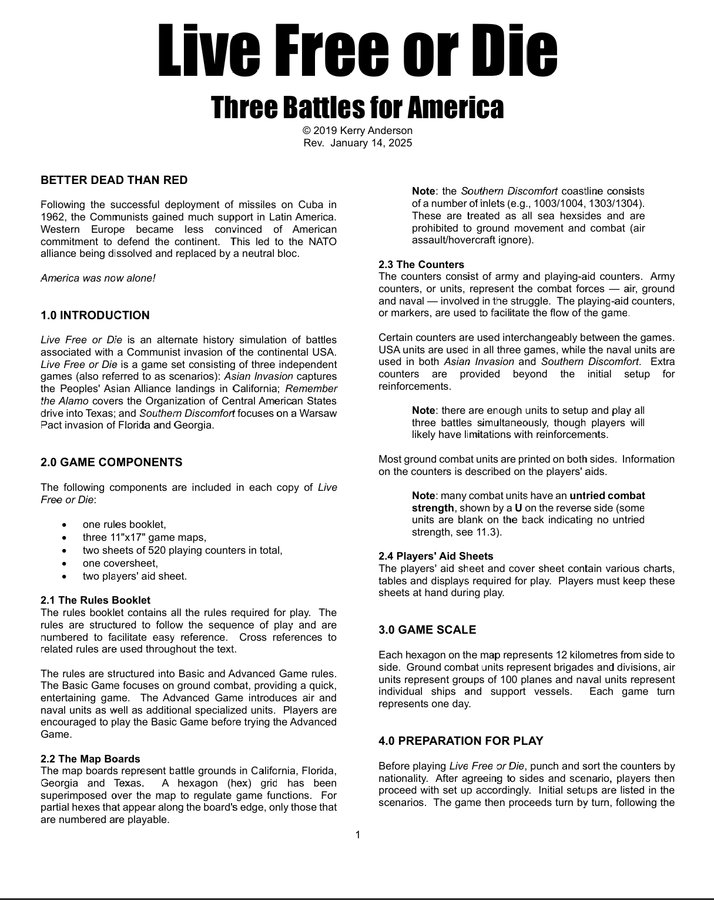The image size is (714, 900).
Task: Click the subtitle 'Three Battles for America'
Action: [357, 107]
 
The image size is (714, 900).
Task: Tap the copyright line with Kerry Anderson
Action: [357, 131]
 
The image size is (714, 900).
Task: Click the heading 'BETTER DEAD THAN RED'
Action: [114, 180]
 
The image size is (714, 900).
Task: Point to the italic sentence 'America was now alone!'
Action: [98, 278]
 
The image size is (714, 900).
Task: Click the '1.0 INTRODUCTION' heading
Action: [95, 316]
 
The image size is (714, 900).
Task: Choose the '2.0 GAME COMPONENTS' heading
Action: [112, 463]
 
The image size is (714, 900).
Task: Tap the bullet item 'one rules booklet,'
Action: [125, 524]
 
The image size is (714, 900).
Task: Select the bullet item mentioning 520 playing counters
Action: [182, 550]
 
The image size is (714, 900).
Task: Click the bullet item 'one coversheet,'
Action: [120, 563]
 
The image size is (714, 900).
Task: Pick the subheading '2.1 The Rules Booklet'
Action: [95, 600]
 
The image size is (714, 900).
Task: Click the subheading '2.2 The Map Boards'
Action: [90, 759]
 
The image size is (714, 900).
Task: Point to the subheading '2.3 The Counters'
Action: [421, 265]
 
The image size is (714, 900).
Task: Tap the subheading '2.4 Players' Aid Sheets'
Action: [436, 556]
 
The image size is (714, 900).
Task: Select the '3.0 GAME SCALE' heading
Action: [427, 630]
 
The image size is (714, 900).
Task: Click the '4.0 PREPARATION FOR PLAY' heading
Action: [461, 741]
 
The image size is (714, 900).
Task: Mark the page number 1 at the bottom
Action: [358, 835]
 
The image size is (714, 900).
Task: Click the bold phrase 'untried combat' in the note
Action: [607, 496]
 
